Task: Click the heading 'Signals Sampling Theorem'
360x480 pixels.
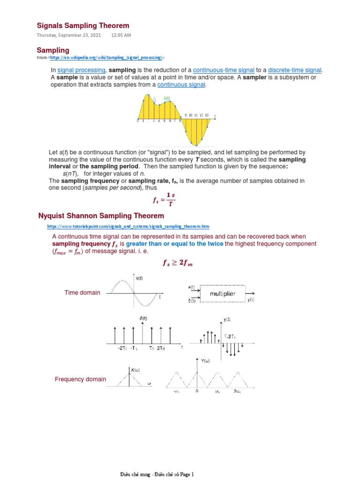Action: pyautogui.click(x=83, y=25)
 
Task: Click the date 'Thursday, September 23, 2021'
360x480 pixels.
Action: pyautogui.click(x=69, y=36)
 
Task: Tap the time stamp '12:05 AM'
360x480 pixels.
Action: pyautogui.click(x=121, y=36)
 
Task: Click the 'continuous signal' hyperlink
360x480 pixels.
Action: pyautogui.click(x=181, y=84)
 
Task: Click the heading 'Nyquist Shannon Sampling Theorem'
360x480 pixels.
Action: pyautogui.click(x=101, y=216)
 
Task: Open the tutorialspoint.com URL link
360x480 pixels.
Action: pyautogui.click(x=128, y=226)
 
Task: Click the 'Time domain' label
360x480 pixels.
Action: pyautogui.click(x=82, y=292)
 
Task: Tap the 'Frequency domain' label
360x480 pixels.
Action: pyautogui.click(x=80, y=379)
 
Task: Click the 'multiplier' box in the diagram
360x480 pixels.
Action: pyautogui.click(x=222, y=294)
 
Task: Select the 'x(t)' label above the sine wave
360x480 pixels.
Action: pyautogui.click(x=140, y=278)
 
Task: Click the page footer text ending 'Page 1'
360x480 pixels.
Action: pyautogui.click(x=157, y=474)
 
